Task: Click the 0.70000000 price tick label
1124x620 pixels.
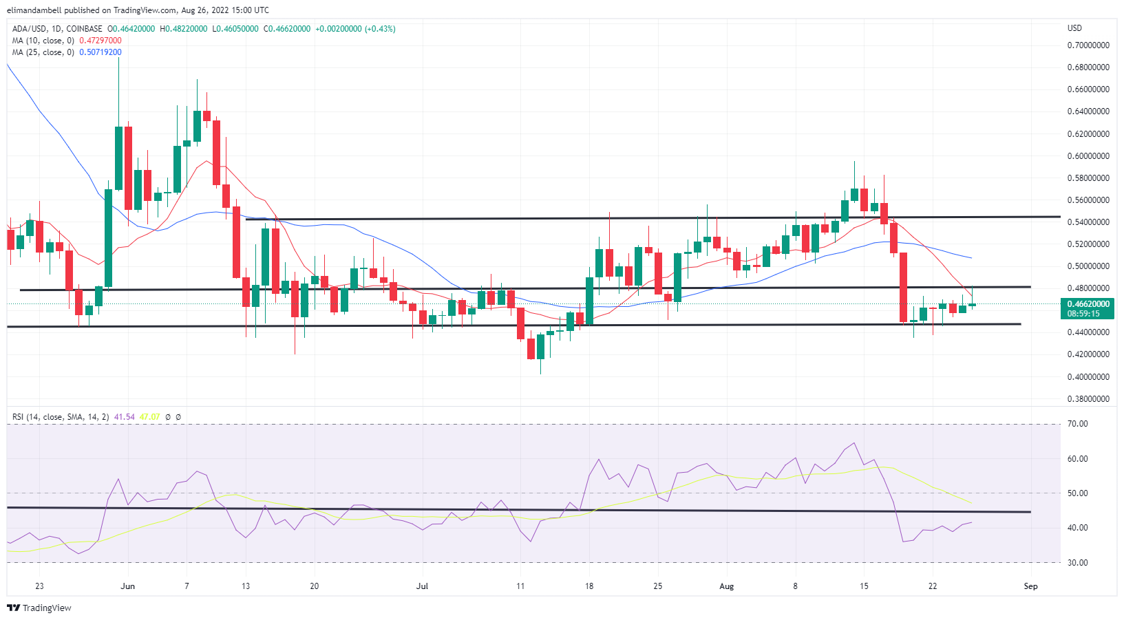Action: click(1088, 45)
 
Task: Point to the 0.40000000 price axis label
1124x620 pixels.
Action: click(1088, 377)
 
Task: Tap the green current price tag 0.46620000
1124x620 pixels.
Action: click(1088, 304)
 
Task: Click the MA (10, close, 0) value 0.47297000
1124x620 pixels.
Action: click(100, 41)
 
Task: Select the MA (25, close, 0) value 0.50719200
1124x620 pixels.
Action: click(100, 52)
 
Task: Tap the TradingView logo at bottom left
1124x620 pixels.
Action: click(39, 608)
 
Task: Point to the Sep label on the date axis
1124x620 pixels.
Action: click(1030, 586)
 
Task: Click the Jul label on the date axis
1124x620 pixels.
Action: click(422, 586)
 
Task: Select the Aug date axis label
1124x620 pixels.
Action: click(726, 586)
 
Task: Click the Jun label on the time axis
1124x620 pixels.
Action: click(127, 586)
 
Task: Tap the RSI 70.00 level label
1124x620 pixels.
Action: click(1077, 424)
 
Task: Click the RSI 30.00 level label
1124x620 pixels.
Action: click(1077, 563)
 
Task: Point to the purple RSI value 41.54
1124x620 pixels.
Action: click(125, 417)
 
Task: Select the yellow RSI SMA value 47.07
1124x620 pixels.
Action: click(149, 417)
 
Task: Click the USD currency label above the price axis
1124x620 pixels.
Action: click(1074, 28)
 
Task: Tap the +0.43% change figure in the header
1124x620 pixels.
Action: click(380, 29)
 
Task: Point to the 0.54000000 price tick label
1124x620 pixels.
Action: click(1088, 222)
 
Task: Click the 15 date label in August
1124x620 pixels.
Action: click(864, 586)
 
